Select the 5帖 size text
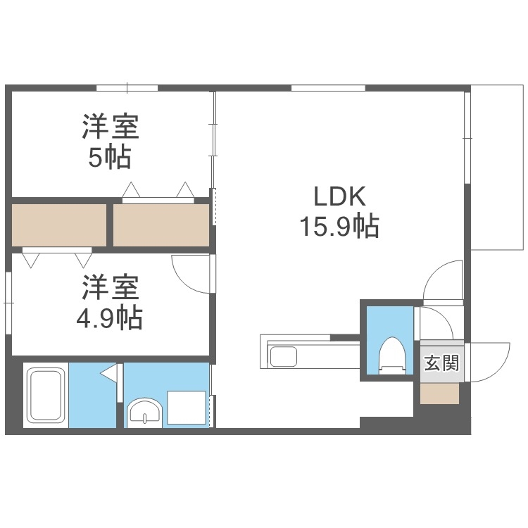pos(109,158)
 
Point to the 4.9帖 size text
pos(109,319)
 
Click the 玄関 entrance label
pos(441,363)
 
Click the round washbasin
pos(146,413)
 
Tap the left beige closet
pos(59,225)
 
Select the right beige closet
pos(161,225)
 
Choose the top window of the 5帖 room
pos(127,88)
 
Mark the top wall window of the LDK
pos(328,88)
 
